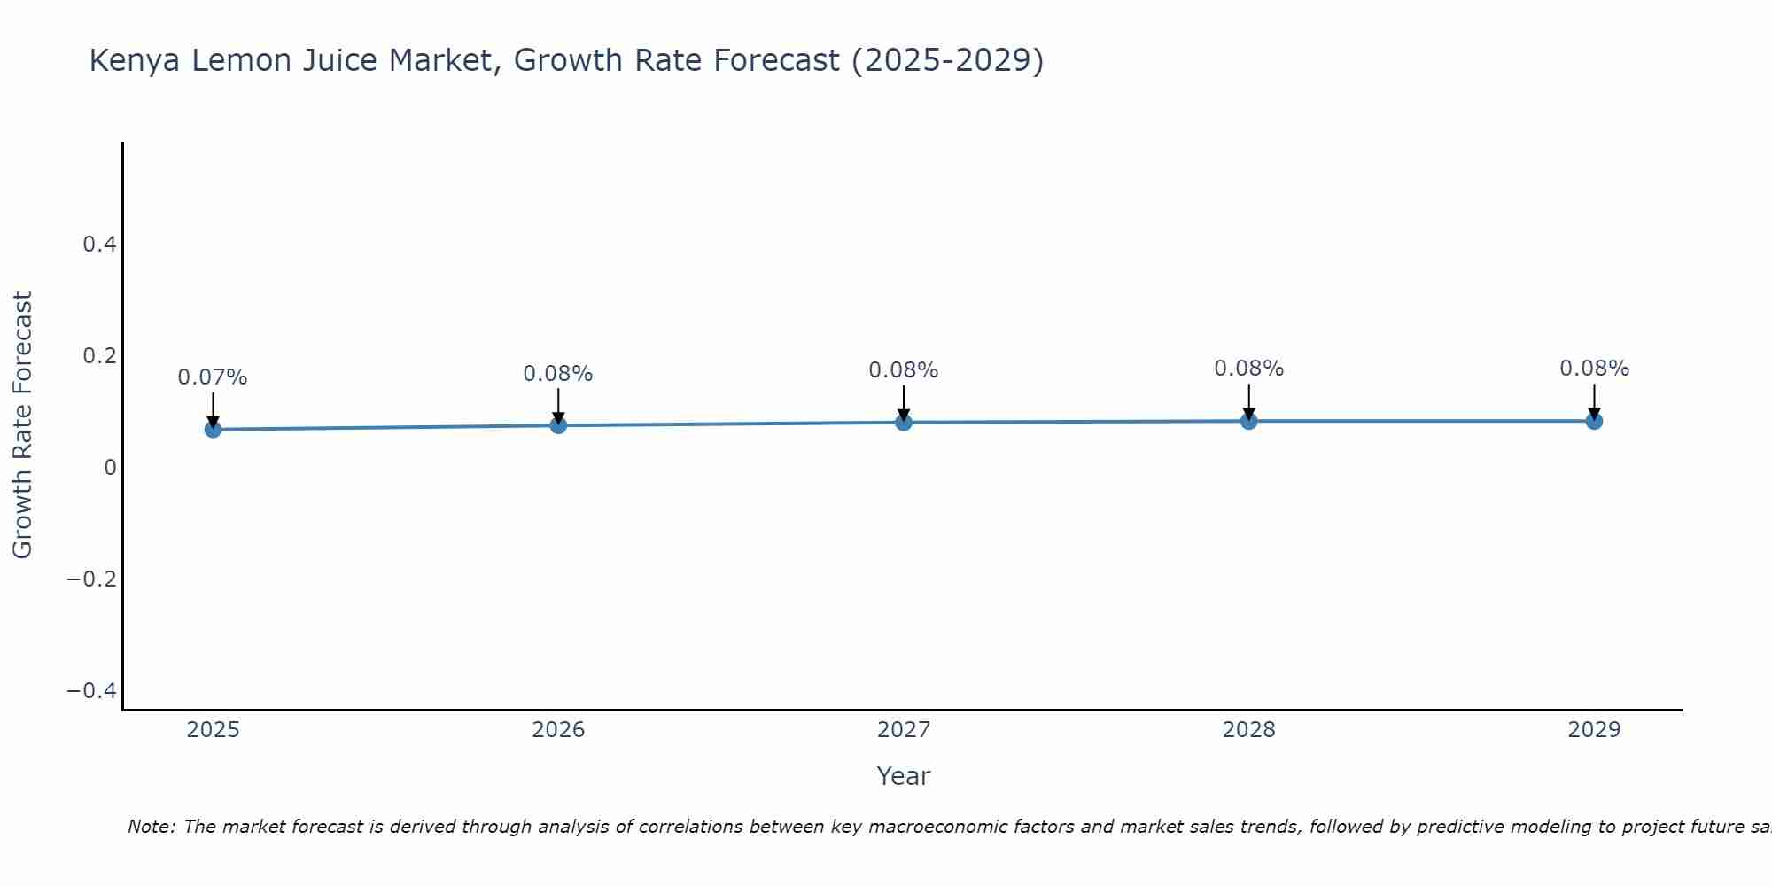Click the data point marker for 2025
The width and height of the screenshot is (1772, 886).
pos(213,430)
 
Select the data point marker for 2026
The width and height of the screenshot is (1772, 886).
pos(558,425)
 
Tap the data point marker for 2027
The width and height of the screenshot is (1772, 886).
pos(904,423)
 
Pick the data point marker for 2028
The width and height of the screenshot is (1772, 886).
pos(1248,421)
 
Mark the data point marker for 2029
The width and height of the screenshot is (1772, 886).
pos(1594,421)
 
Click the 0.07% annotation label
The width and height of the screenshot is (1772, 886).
pos(213,377)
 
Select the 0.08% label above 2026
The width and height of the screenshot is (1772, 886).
pos(558,374)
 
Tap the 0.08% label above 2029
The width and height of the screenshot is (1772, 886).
pos(1594,369)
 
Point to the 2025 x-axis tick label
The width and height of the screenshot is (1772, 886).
pos(214,730)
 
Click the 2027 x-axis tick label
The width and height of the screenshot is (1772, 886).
pos(904,730)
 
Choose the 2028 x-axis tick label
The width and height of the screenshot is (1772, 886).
pos(1248,730)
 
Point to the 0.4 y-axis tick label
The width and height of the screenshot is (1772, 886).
pos(99,245)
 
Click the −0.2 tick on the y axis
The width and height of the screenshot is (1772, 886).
pos(92,579)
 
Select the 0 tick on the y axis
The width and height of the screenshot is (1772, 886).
pos(110,468)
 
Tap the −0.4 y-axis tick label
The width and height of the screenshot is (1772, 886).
pos(92,691)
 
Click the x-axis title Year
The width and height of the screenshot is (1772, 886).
pos(903,777)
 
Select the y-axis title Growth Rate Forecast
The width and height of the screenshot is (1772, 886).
pos(22,425)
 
